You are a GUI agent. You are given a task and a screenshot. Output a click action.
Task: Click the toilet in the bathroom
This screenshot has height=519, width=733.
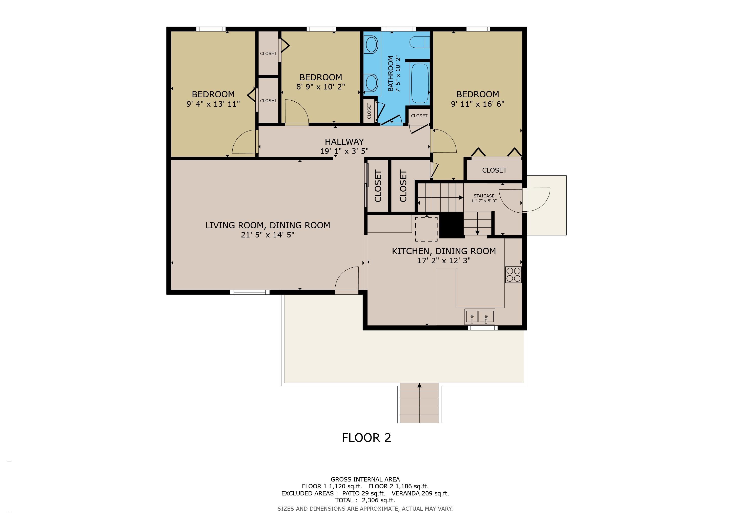pos(419,42)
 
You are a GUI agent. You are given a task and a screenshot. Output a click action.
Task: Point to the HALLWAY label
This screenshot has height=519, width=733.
pos(344,142)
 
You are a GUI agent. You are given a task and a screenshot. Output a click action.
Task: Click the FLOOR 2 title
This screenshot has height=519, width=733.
pos(366,437)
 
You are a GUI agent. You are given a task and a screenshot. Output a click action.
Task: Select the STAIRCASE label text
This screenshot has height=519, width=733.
pos(484,196)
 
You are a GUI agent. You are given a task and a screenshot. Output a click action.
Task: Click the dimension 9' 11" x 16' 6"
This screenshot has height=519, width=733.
pos(478,104)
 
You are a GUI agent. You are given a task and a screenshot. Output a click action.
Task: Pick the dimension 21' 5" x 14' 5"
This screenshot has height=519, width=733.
pos(268,235)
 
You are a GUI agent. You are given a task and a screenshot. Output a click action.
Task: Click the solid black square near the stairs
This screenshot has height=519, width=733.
pos(452,225)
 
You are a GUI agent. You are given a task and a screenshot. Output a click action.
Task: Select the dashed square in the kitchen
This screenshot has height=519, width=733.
pos(426,229)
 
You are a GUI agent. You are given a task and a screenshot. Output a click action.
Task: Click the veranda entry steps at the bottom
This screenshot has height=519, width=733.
pos(419,403)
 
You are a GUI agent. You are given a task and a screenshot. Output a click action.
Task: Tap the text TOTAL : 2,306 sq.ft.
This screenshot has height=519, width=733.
pos(365,500)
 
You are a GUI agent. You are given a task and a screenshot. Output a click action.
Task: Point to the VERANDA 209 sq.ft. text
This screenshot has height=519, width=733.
pos(420,493)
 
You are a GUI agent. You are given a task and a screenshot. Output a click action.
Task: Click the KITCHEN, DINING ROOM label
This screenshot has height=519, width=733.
pos(444,251)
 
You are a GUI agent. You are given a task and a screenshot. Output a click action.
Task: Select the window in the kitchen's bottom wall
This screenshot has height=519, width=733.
pos(482,328)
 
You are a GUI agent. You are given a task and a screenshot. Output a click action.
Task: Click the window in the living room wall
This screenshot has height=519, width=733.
pos(250,292)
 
